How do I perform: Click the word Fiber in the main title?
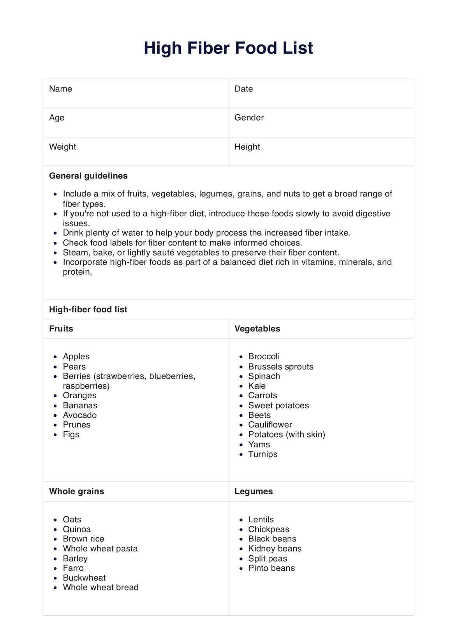tap(209, 48)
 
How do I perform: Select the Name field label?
tap(60, 89)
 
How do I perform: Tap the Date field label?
tap(243, 89)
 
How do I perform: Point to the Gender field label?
tap(249, 118)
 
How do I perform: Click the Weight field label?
tap(62, 147)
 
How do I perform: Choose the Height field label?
tap(247, 147)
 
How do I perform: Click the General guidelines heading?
tap(88, 176)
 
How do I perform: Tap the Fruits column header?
tap(61, 329)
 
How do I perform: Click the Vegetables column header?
tap(257, 329)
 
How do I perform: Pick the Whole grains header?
tap(76, 491)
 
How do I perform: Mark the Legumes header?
tap(253, 491)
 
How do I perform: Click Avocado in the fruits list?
tap(79, 415)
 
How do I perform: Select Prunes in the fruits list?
tap(76, 425)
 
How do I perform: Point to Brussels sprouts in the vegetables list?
tap(280, 367)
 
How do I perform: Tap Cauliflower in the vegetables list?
tap(270, 425)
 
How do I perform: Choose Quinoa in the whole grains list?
tap(77, 529)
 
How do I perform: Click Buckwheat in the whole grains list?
tap(84, 578)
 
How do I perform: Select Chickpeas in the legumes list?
tap(268, 529)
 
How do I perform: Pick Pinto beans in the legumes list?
tap(271, 568)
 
